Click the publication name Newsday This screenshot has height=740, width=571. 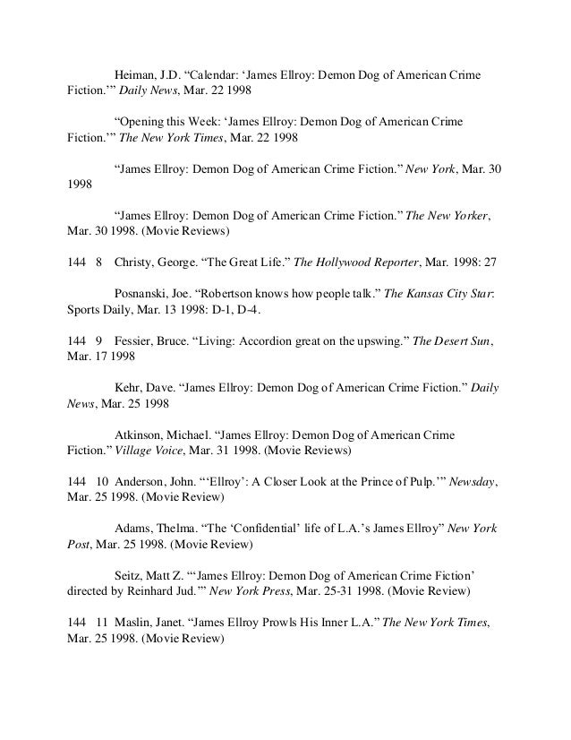469,482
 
